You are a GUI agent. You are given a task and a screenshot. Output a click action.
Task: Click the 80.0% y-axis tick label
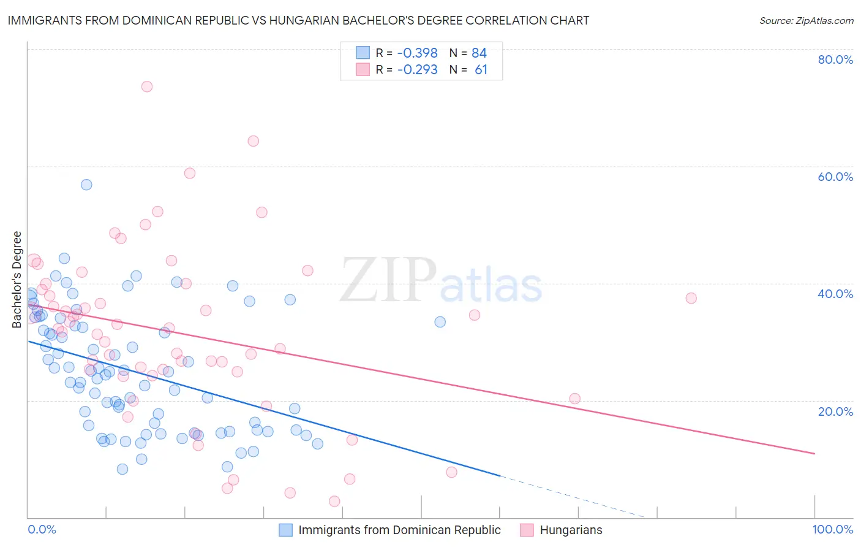coord(835,59)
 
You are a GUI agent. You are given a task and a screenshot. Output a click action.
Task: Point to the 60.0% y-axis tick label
coord(835,177)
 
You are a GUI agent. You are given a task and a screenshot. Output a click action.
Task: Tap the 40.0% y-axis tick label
coord(835,294)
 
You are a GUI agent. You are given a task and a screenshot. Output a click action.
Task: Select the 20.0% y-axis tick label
coord(835,411)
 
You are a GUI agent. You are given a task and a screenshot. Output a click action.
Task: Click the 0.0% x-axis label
coord(42,529)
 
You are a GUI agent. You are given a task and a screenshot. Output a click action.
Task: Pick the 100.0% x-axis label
coord(832,529)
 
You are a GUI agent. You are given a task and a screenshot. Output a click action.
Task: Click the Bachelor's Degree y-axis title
coord(17,280)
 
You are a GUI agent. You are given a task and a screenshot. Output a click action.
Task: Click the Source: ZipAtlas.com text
coord(806,20)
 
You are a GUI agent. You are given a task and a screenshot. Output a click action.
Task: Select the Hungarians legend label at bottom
coord(571,530)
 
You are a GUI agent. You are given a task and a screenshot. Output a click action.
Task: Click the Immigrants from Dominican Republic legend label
coord(399,530)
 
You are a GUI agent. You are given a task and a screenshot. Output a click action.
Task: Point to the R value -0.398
coord(417,53)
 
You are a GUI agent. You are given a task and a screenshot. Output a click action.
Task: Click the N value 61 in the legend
coord(481,69)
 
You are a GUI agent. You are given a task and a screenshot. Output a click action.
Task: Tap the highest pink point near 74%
coord(147,86)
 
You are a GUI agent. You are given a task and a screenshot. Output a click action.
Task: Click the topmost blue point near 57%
coord(86,185)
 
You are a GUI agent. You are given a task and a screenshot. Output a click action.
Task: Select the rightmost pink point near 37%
coord(691,298)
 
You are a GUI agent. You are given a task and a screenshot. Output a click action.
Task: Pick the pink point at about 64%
coord(253,141)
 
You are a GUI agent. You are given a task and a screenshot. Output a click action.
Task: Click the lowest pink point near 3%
coord(334,501)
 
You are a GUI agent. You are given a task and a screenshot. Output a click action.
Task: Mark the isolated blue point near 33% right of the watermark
coord(440,322)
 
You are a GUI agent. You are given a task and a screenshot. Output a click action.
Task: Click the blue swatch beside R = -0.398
coord(363,53)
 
